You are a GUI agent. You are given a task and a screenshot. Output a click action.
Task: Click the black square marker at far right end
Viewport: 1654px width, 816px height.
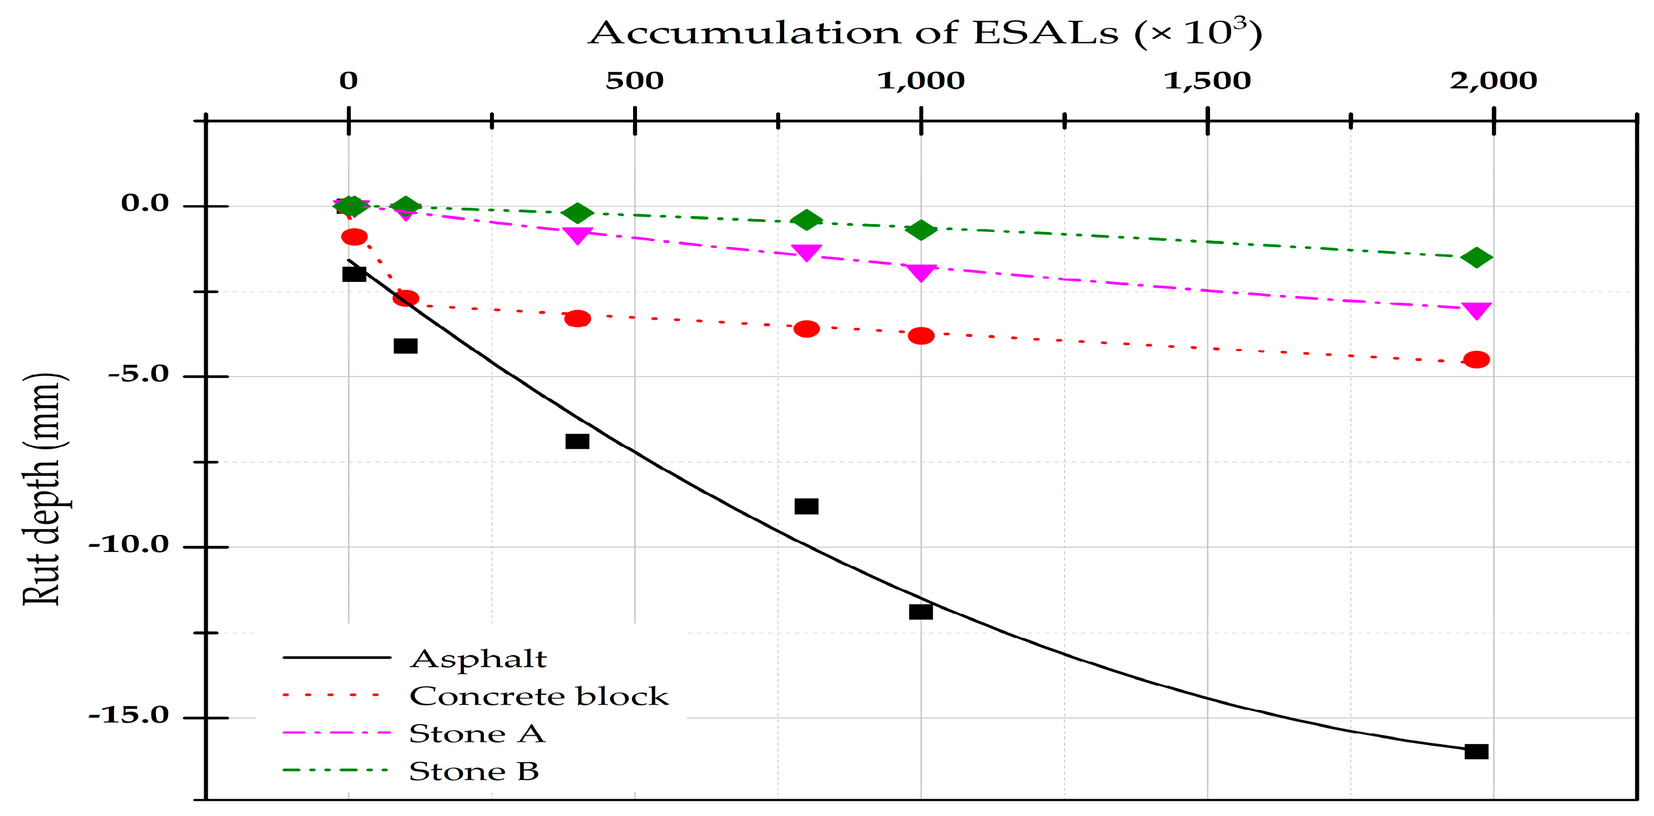pos(1476,751)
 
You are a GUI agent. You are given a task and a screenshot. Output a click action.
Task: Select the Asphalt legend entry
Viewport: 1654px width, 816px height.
pos(478,659)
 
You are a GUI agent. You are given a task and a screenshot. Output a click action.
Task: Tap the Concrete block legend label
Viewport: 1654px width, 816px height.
pos(539,696)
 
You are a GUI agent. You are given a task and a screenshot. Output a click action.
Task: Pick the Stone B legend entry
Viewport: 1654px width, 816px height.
pos(474,771)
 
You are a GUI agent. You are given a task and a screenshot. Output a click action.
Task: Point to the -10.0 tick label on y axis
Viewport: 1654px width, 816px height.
pos(128,545)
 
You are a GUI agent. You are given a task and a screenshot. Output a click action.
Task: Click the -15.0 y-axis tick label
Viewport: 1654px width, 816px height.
pos(128,715)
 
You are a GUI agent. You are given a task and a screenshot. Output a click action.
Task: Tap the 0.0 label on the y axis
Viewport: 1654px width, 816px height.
pos(144,204)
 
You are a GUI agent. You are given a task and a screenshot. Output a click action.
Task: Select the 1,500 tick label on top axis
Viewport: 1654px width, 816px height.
pos(1207,81)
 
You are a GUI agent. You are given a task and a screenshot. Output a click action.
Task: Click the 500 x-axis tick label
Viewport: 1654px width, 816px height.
pos(634,81)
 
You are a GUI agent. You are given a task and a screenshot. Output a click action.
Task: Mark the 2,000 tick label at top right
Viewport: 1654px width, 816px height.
pos(1493,81)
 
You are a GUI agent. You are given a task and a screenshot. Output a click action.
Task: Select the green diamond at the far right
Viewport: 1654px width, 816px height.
pos(1476,258)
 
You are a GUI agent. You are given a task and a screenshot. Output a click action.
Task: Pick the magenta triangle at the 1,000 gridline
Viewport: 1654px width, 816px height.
pos(922,272)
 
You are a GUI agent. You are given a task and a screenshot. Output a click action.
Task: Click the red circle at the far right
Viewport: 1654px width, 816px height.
pos(1476,359)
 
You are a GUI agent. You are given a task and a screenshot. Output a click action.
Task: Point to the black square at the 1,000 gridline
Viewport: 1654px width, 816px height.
pos(921,612)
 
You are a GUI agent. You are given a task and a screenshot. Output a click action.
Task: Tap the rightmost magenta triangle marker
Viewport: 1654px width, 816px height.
pos(1476,311)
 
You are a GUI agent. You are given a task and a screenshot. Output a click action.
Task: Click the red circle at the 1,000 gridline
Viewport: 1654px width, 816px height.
pos(922,335)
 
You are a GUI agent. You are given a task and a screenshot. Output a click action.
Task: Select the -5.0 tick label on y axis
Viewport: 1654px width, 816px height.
pos(138,374)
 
